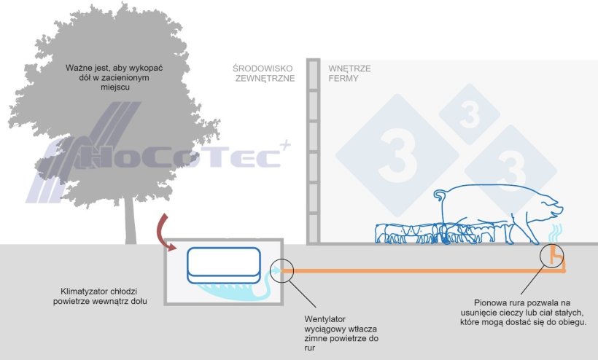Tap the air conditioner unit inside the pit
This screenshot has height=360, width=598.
[x=223, y=264]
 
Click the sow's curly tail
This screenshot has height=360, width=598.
[x=440, y=195]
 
